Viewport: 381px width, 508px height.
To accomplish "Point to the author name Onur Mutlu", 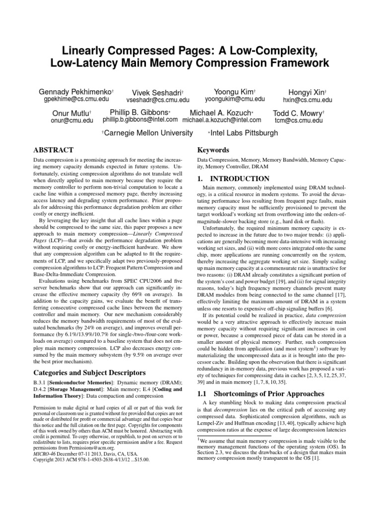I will [71, 113].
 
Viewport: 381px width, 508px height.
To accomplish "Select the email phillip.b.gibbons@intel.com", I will [140, 120].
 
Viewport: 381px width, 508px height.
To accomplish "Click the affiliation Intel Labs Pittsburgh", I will [244, 133].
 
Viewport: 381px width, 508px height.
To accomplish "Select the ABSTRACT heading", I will [53, 150].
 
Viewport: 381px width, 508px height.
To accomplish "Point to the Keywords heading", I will [213, 150].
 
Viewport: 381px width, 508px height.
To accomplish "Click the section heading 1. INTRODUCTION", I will [234, 179].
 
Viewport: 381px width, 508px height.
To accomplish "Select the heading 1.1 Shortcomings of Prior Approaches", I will [255, 394].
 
